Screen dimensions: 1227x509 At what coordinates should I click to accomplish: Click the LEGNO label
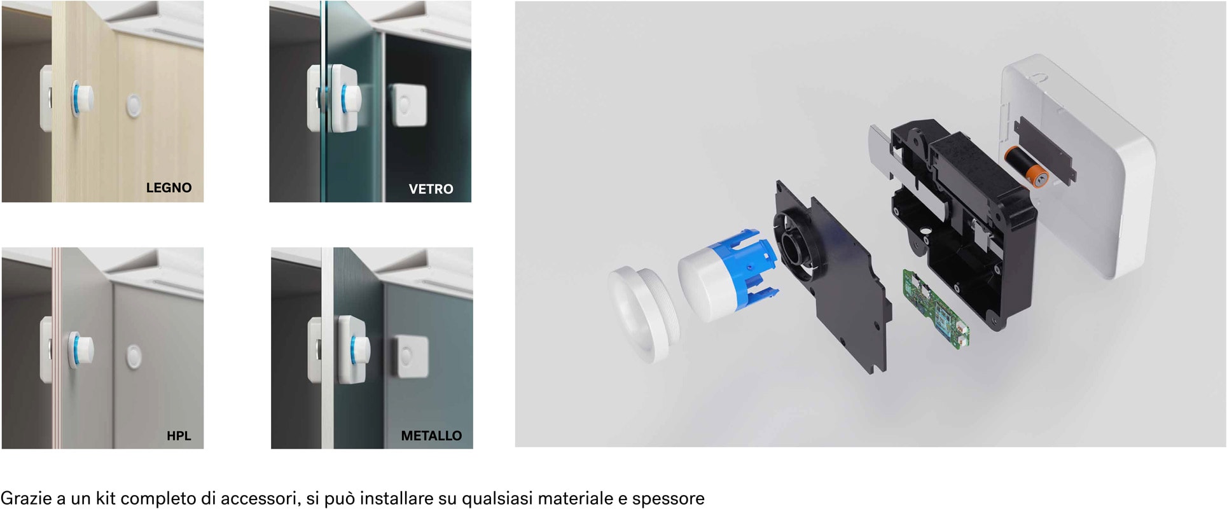click(x=169, y=188)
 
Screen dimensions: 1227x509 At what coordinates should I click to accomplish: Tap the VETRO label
click(x=431, y=189)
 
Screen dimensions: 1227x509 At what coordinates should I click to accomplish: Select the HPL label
click(x=179, y=436)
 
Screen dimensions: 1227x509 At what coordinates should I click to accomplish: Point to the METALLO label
click(x=431, y=436)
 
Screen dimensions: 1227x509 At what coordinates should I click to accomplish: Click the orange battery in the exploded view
click(x=1025, y=167)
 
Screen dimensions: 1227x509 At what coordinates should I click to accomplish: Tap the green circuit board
click(x=936, y=308)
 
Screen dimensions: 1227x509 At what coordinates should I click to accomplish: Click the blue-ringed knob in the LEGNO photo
click(x=82, y=99)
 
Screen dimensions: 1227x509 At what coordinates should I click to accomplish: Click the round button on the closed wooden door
click(x=134, y=105)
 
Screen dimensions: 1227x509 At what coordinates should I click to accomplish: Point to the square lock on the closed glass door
click(x=408, y=105)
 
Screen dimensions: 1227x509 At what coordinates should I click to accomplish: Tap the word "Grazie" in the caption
click(x=27, y=498)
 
